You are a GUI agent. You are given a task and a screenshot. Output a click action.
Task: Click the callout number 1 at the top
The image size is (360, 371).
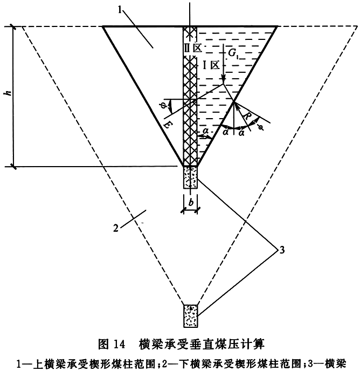click(x=120, y=10)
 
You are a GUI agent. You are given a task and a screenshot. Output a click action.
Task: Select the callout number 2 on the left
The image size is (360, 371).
click(x=116, y=229)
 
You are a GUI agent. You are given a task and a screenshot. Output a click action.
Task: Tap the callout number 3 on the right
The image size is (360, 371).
click(x=282, y=250)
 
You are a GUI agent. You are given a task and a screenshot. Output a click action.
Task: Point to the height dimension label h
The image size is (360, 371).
click(x=9, y=93)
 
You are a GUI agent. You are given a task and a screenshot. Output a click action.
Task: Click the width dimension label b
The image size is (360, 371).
click(x=191, y=203)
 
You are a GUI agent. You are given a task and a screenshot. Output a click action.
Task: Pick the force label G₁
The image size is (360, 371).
click(x=233, y=53)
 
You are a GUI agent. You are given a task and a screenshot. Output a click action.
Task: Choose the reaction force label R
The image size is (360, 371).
click(x=247, y=116)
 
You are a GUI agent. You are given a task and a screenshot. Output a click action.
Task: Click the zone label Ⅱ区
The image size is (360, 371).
click(x=193, y=48)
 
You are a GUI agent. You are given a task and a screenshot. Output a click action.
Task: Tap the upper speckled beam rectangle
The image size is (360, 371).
click(x=191, y=177)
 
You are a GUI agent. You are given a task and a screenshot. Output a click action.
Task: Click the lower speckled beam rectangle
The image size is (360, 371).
click(x=191, y=316)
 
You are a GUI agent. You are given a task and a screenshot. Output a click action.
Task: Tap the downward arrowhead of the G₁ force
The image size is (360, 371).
click(x=223, y=80)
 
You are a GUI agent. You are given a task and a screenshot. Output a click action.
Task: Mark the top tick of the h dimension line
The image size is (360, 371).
click(x=13, y=27)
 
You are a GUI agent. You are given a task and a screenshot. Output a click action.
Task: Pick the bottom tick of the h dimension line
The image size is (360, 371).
click(x=13, y=167)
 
